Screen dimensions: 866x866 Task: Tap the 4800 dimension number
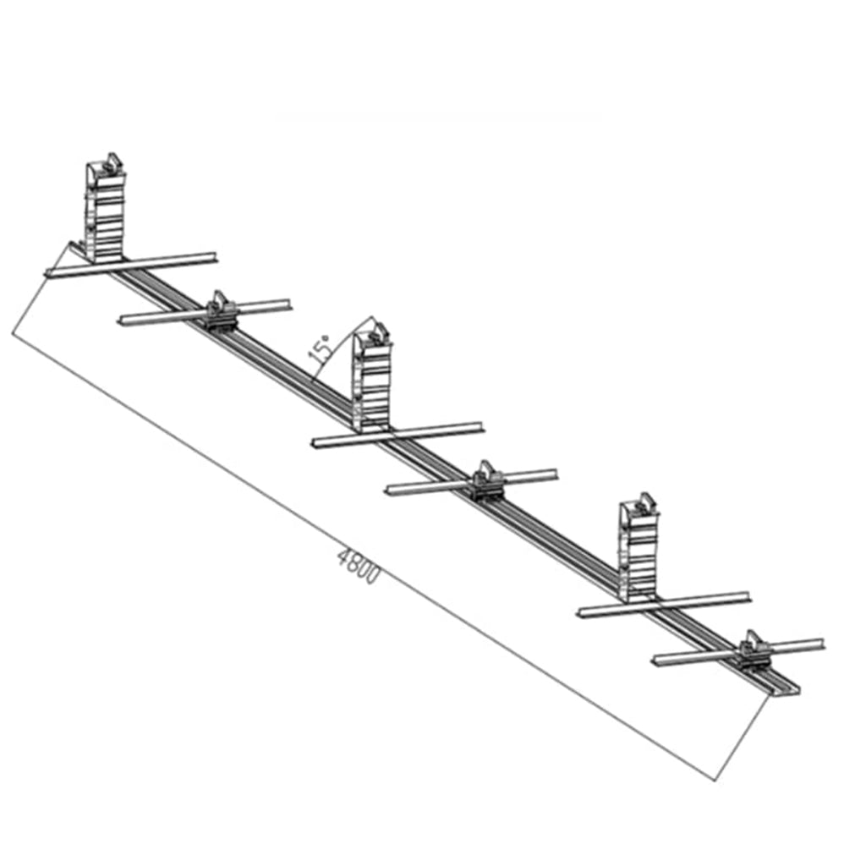359,566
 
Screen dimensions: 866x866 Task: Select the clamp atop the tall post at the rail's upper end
112,164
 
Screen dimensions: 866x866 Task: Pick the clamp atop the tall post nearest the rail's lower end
644,503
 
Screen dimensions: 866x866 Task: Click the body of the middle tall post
373,386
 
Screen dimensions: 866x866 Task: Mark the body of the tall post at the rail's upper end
105,216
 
